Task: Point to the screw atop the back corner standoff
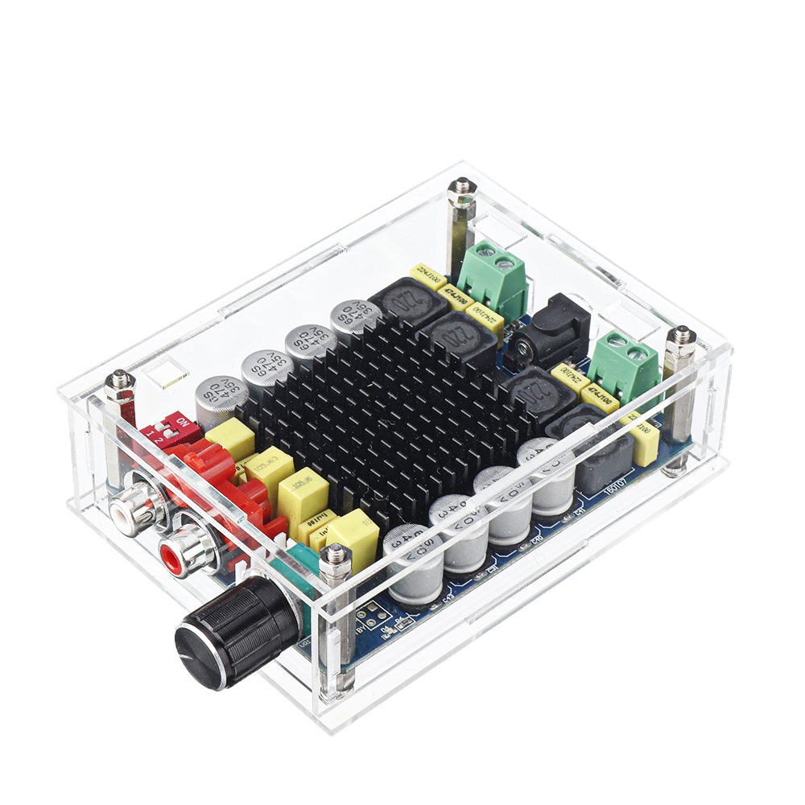[461, 187]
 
